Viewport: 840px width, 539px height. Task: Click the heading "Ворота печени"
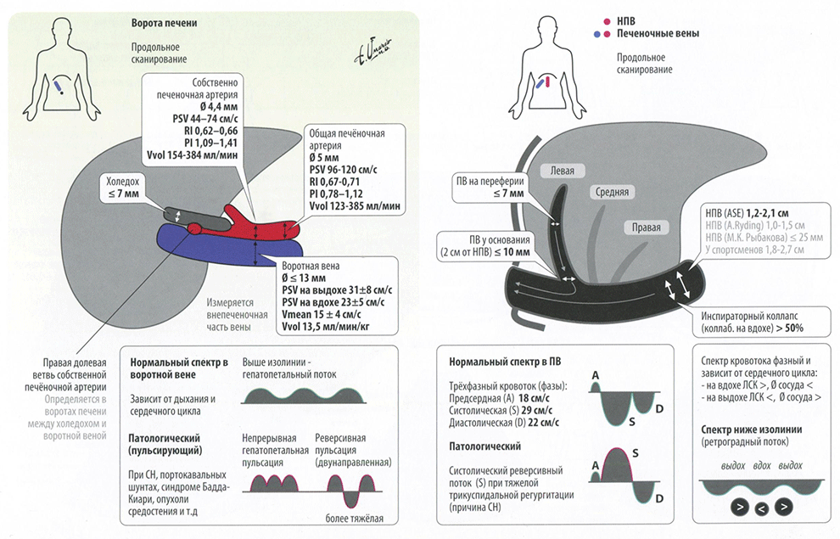165,23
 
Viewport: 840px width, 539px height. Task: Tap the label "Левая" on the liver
562,170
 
